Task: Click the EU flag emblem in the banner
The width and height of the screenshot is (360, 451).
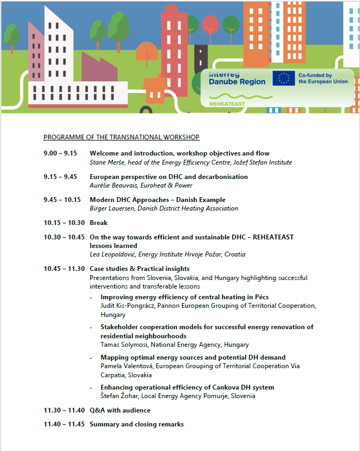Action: (284, 79)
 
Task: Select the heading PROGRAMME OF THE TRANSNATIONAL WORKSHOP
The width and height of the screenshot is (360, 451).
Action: (121, 137)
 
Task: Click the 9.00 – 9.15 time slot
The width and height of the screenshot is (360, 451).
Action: (60, 154)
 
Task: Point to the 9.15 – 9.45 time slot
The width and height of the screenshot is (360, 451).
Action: (60, 177)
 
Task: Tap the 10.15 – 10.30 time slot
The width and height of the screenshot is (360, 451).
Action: (64, 223)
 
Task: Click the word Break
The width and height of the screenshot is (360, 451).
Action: (98, 223)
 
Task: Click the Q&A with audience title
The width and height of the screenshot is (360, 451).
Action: (120, 410)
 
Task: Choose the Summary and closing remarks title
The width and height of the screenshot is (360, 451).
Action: (137, 424)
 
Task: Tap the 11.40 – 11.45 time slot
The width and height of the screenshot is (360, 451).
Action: (64, 424)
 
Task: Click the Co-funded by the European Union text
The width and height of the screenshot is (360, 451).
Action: (323, 79)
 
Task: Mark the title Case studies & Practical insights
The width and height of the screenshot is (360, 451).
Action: (139, 269)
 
